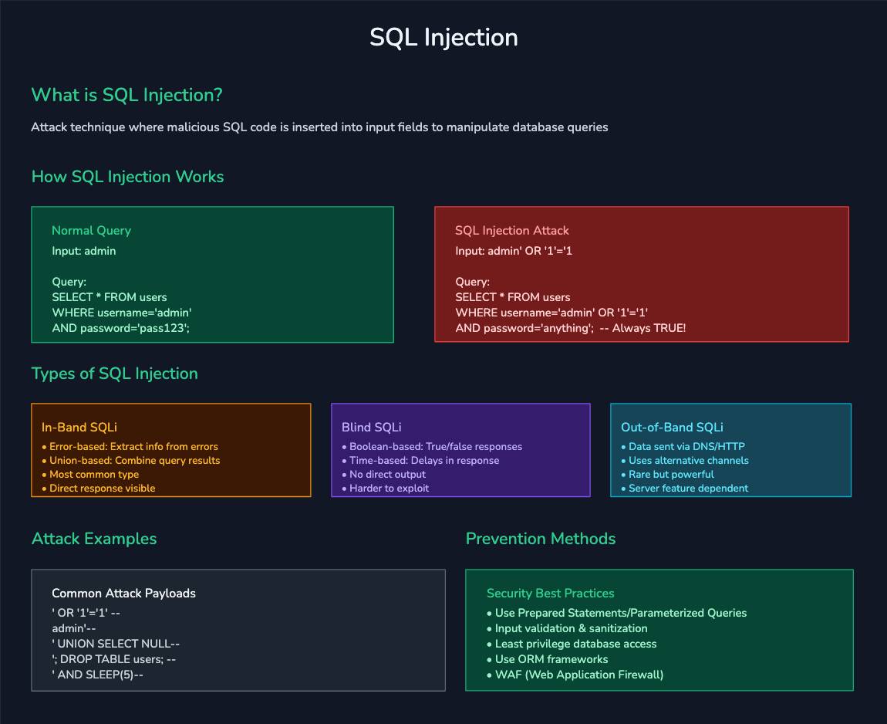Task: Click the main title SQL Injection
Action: [x=443, y=37]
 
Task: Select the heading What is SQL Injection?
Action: [x=126, y=95]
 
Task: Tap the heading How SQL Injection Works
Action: [x=127, y=176]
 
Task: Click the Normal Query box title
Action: [x=91, y=230]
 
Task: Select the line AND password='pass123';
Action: [x=120, y=328]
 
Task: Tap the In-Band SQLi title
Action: [x=79, y=427]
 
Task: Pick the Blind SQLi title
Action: [x=371, y=427]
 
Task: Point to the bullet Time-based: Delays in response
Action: [x=423, y=460]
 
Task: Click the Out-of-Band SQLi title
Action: [x=672, y=427]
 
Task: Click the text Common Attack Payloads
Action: [x=123, y=593]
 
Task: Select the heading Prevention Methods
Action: [x=540, y=538]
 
